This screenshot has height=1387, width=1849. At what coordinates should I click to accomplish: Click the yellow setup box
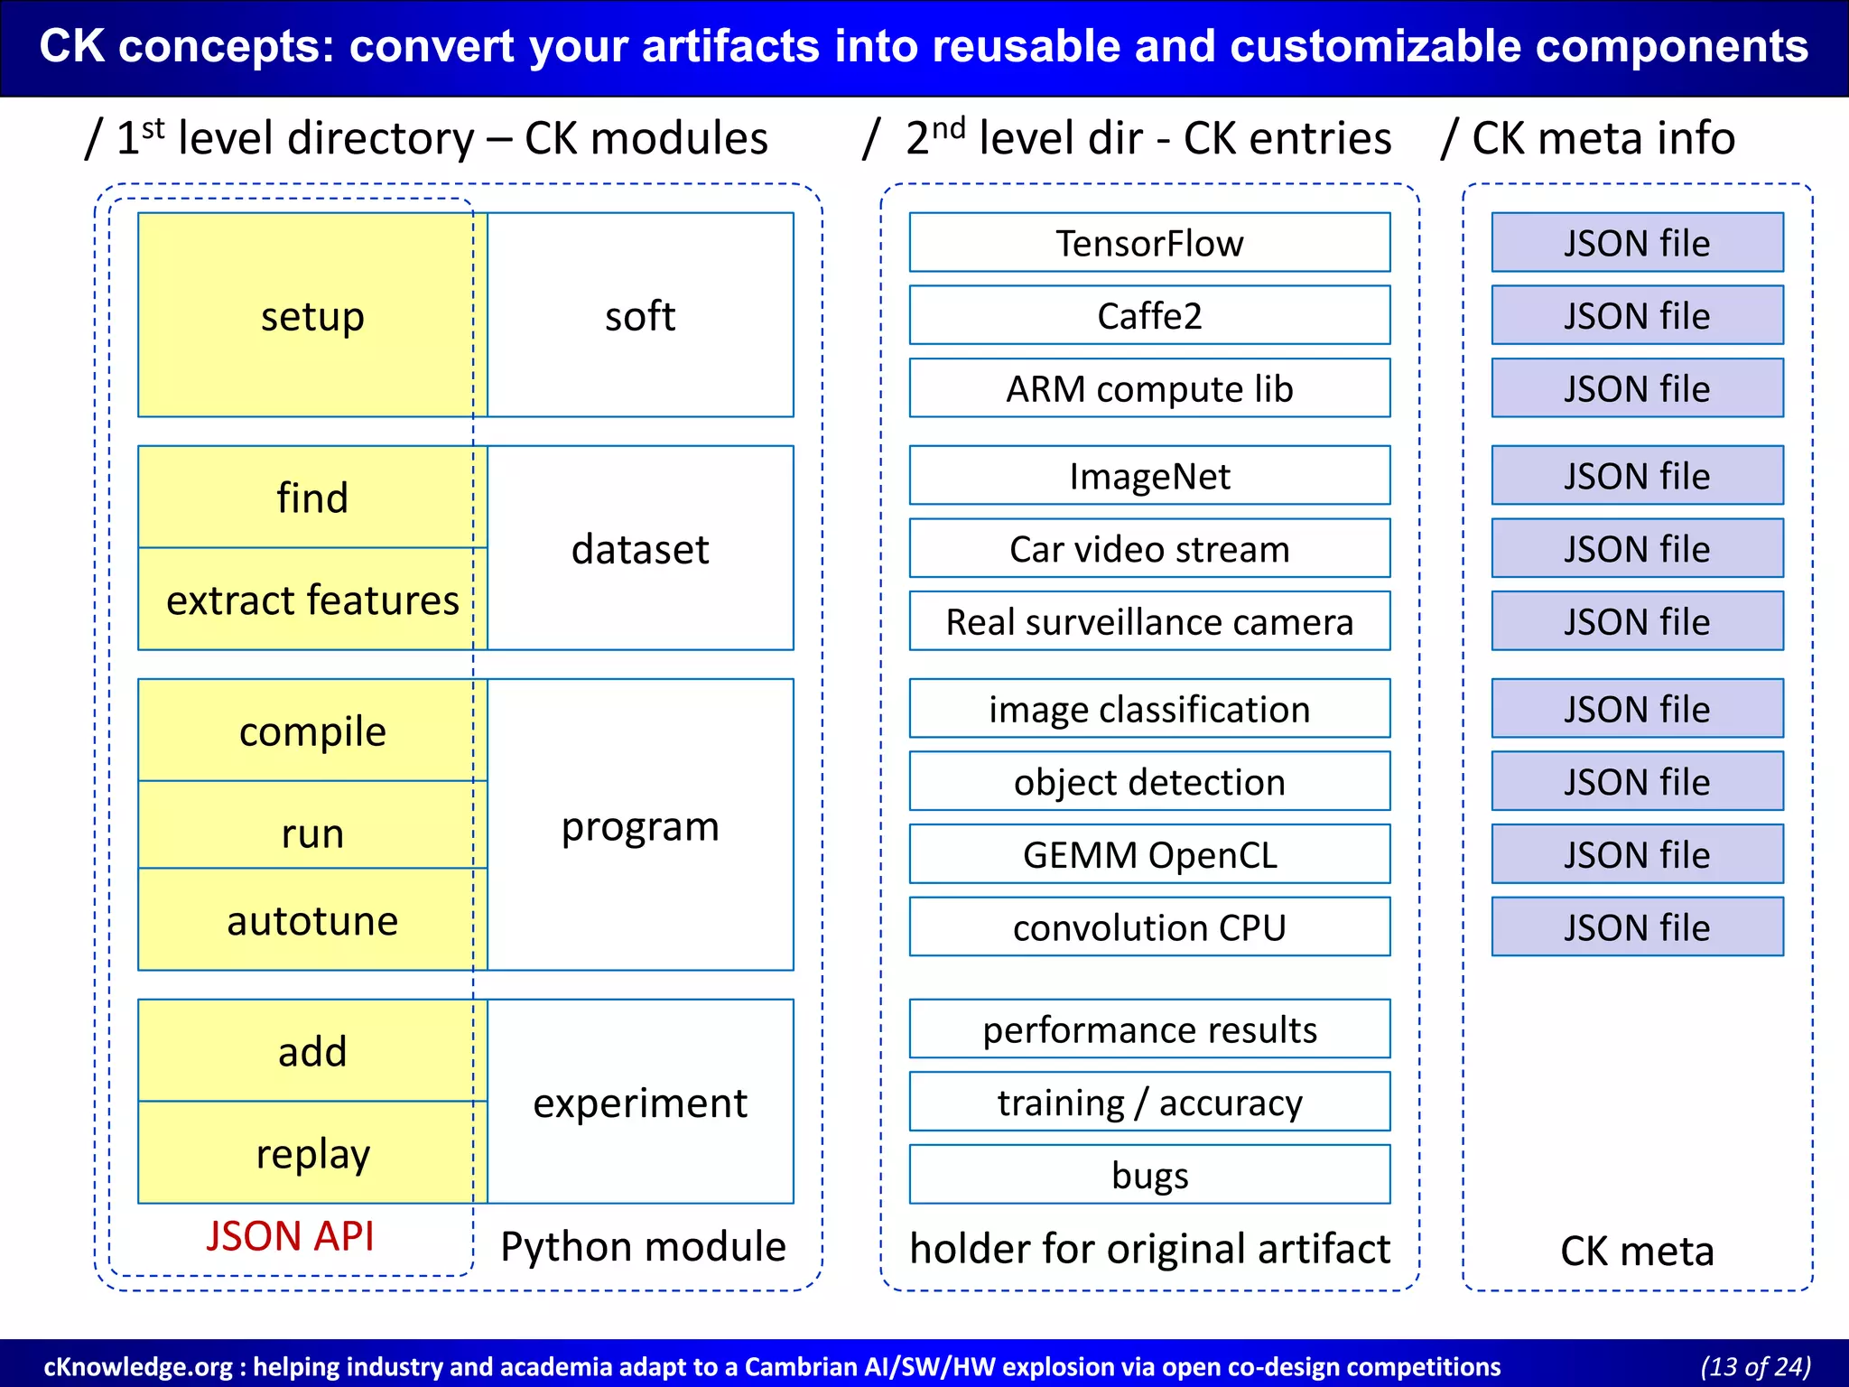coord(311,315)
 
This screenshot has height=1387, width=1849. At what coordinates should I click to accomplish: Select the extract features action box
coord(311,600)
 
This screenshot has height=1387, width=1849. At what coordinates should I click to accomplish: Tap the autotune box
coord(311,920)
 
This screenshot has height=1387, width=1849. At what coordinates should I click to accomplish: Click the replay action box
coord(311,1153)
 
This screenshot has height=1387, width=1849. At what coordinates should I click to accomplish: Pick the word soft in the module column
coord(639,315)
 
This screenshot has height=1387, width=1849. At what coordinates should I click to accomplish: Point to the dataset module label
coord(639,548)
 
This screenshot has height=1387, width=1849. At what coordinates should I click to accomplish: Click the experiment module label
coord(639,1103)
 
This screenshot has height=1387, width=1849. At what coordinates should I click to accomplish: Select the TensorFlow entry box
coord(1149,243)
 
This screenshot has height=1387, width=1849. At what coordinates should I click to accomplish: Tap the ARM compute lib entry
coord(1149,388)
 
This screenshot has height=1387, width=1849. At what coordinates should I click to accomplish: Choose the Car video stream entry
coord(1149,548)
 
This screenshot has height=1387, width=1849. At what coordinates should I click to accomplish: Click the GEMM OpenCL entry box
coord(1149,854)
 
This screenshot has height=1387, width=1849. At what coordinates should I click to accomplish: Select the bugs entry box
coord(1149,1175)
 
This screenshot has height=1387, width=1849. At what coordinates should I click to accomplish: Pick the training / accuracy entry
coord(1149,1102)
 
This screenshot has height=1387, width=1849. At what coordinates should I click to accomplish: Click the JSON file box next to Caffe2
coord(1637,315)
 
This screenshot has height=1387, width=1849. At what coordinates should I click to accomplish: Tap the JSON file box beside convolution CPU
coord(1637,926)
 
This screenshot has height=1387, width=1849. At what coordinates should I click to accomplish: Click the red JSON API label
coord(290,1235)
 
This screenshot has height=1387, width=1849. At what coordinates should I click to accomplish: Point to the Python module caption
coord(643,1246)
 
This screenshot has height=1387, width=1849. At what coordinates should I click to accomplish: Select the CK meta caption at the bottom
coord(1637,1251)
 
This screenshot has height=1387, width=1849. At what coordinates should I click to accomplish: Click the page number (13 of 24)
coord(1755,1366)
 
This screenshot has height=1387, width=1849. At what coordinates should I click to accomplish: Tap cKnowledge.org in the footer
coord(137,1366)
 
